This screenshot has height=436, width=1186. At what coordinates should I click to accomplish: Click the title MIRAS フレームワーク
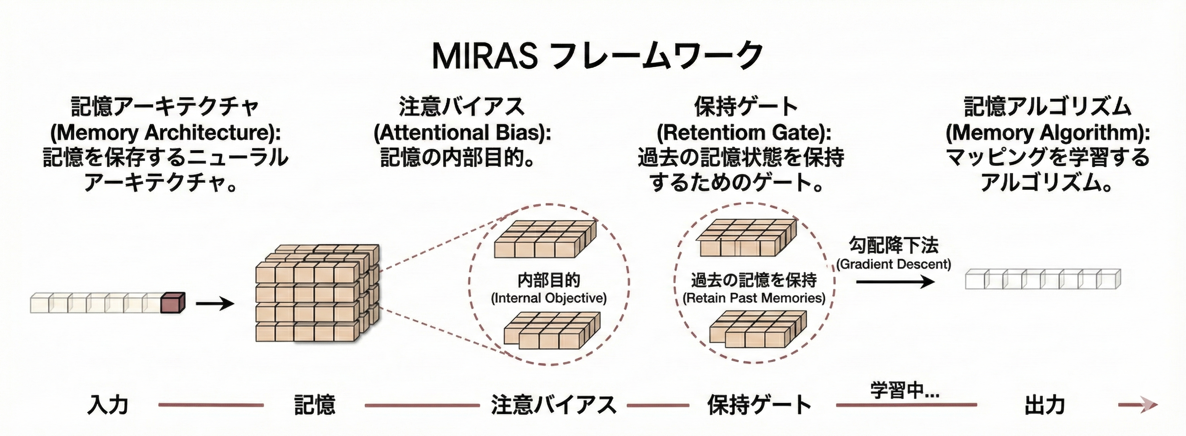(x=597, y=56)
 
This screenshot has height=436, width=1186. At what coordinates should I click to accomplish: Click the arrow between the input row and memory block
(x=215, y=304)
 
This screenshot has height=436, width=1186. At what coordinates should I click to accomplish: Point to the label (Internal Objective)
(x=549, y=298)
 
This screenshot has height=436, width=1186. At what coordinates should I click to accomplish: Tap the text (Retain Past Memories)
(x=754, y=298)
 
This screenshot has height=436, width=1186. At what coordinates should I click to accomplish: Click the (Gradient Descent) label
(x=894, y=264)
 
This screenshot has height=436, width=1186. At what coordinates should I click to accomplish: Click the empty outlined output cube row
(x=1043, y=279)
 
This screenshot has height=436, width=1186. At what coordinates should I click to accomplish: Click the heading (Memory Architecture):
(x=165, y=133)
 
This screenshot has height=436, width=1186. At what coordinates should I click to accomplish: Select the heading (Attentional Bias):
(x=462, y=133)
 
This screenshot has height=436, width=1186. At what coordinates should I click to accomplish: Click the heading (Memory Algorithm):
(x=1048, y=133)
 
